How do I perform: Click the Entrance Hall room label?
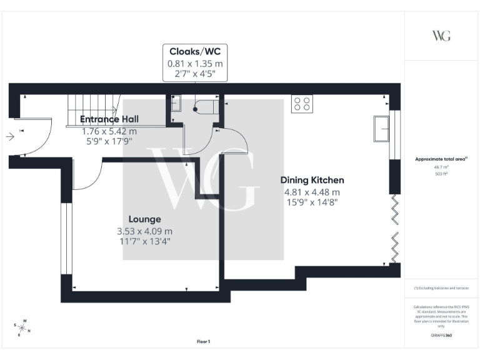tap(109, 119)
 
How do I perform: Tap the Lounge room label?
tap(145, 219)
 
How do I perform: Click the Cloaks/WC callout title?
tap(194, 52)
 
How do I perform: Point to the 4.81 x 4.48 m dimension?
tap(312, 192)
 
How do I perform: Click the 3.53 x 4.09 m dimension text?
tap(144, 231)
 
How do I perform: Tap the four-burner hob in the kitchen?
tap(302, 103)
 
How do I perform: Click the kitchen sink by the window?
tap(381, 129)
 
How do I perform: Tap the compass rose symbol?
tap(22, 327)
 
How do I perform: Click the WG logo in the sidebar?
tap(441, 35)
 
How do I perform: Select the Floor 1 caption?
tap(204, 342)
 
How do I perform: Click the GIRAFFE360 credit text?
tap(441, 336)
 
